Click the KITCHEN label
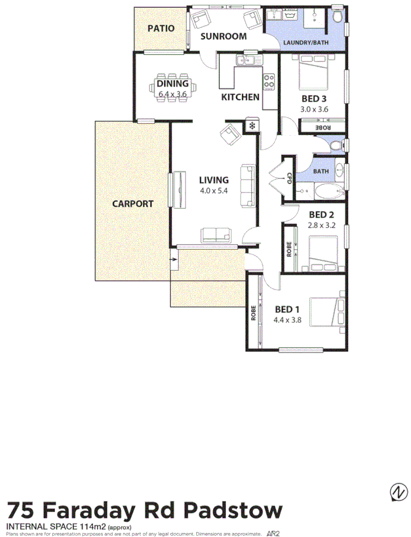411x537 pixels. [240, 97]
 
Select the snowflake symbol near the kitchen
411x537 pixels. [252, 125]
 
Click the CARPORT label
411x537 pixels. [133, 204]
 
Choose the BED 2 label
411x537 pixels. [321, 214]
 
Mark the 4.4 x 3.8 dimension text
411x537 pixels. [287, 320]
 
